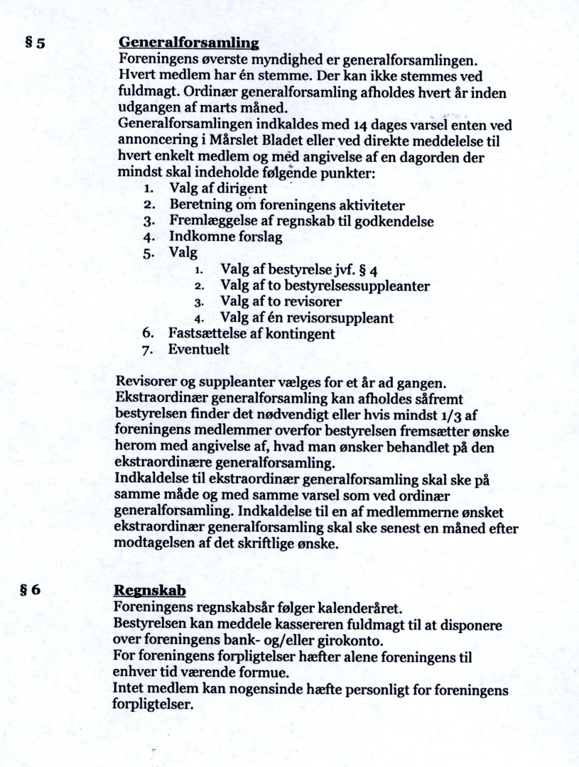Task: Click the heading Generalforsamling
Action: coord(178,43)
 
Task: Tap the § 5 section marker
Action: coord(35,43)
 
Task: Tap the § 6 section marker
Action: coord(35,590)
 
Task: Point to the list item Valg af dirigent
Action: coord(217,189)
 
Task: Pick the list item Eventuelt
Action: coord(198,349)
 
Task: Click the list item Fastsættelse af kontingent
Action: coord(251,333)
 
